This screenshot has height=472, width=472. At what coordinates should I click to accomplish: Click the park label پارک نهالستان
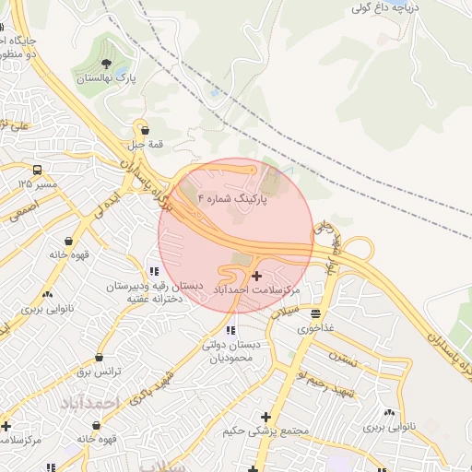click(104, 80)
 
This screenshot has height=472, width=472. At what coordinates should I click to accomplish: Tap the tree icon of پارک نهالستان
click(107, 65)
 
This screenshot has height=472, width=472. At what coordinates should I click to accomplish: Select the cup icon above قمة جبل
click(143, 131)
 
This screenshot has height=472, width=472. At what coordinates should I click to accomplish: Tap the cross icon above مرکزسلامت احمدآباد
click(256, 275)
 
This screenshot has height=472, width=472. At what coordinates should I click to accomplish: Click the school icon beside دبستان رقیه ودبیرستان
click(153, 271)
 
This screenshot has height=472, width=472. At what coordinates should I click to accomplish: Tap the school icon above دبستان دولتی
click(230, 329)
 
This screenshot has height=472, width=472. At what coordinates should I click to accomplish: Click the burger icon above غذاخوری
click(316, 313)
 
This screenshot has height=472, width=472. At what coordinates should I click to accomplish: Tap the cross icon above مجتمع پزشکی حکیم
click(265, 417)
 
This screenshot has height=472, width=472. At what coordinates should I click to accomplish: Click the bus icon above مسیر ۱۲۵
click(37, 170)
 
